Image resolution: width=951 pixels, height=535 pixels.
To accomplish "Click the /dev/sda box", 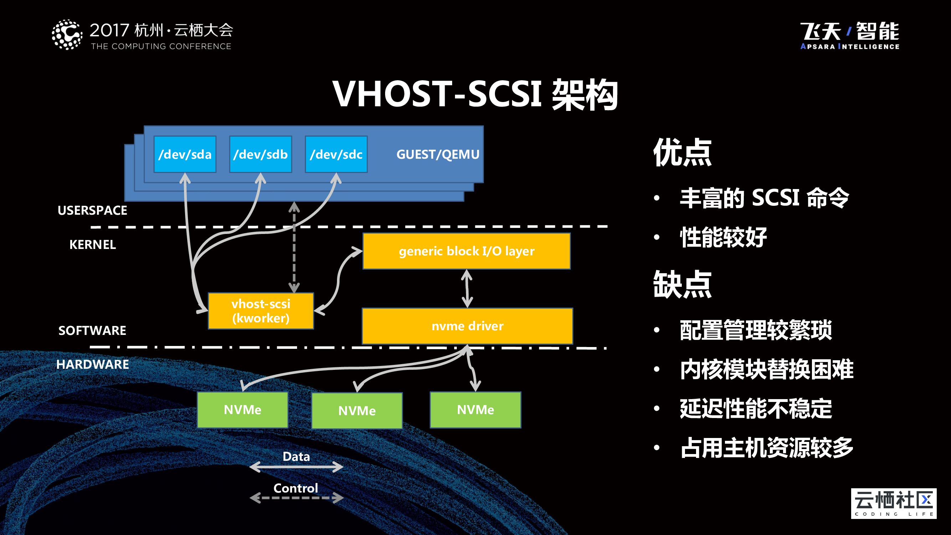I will coord(185,154).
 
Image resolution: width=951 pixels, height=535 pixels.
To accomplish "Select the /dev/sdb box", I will coord(261,154).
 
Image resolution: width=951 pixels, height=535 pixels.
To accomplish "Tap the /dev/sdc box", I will coord(336,154).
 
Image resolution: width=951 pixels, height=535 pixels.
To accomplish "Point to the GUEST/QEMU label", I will coord(438,154).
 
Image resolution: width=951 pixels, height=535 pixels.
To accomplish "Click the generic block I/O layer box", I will coord(467,251).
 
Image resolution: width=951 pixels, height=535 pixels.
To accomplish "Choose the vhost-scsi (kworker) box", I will coord(261,311).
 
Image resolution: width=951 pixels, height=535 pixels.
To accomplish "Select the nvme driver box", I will coord(467,326).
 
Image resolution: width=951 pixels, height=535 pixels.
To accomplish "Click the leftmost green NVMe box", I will coord(242,410).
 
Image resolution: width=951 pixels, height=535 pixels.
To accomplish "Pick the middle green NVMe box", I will coord(357,411).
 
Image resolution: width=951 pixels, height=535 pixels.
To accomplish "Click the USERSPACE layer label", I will coord(92,210).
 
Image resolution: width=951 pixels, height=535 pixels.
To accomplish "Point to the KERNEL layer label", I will coord(93,244).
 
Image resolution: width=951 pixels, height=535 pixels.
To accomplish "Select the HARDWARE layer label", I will coord(93,365).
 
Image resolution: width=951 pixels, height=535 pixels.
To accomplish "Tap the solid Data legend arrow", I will coord(296,467).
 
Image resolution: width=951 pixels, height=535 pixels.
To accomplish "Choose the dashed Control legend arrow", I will coord(296,498).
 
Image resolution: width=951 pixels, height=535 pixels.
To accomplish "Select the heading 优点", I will coord(682,153).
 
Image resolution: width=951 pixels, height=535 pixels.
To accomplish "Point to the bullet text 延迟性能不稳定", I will coord(756,409).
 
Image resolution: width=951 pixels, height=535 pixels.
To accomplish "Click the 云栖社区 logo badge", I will coord(893,504).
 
